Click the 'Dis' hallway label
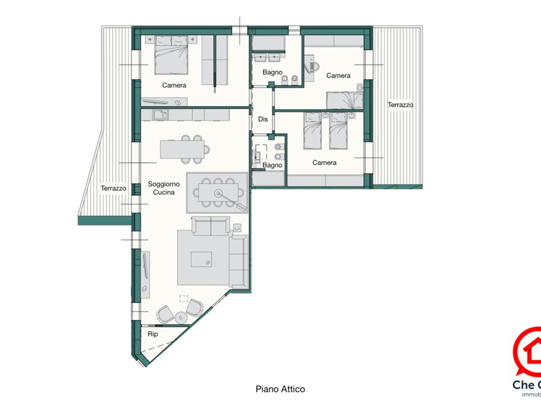[x=263, y=119]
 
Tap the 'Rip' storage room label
[x=153, y=334]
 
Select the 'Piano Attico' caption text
[x=280, y=389]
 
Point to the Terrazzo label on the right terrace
[x=400, y=105]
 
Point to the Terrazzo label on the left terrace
[x=114, y=188]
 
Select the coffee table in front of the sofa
[x=202, y=258]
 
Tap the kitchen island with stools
[x=182, y=147]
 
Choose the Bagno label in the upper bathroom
[x=273, y=72]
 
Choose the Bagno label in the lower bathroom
[x=273, y=165]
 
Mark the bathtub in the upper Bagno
[x=268, y=43]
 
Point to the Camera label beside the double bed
[x=174, y=85]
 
